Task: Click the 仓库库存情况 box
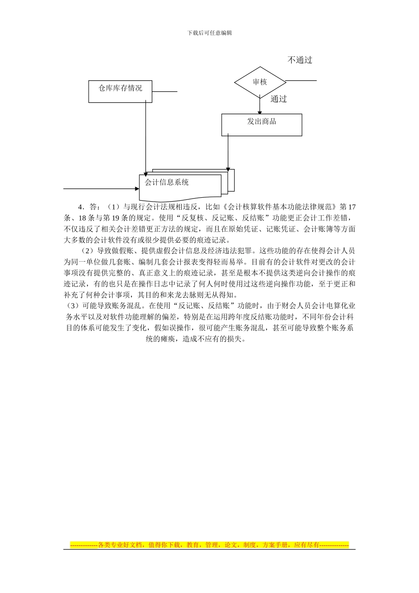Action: [120, 91]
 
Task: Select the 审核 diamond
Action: [260, 82]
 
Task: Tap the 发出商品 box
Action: [262, 124]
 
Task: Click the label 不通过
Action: [300, 60]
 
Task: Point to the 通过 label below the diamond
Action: [279, 99]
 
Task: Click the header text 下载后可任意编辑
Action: [209, 33]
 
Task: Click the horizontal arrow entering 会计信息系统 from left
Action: [101, 189]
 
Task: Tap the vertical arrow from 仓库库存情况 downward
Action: [146, 137]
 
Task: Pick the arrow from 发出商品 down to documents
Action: [228, 152]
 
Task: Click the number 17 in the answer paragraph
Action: [351, 207]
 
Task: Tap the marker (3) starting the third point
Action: [71, 306]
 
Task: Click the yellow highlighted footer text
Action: [209, 545]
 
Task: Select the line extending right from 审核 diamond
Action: [301, 81]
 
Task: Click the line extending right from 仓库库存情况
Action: [165, 92]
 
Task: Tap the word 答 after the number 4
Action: [93, 207]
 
